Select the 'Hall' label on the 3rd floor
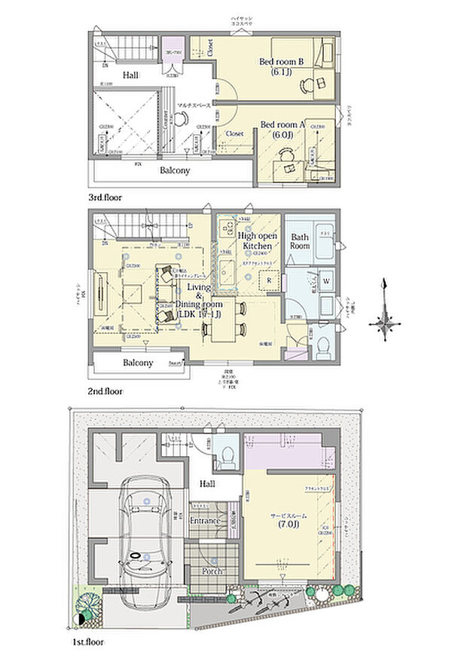(x=131, y=75)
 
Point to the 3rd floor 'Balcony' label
(x=174, y=170)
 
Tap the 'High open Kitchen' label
(x=258, y=240)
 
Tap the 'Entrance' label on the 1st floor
(x=205, y=521)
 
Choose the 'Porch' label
(x=211, y=571)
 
